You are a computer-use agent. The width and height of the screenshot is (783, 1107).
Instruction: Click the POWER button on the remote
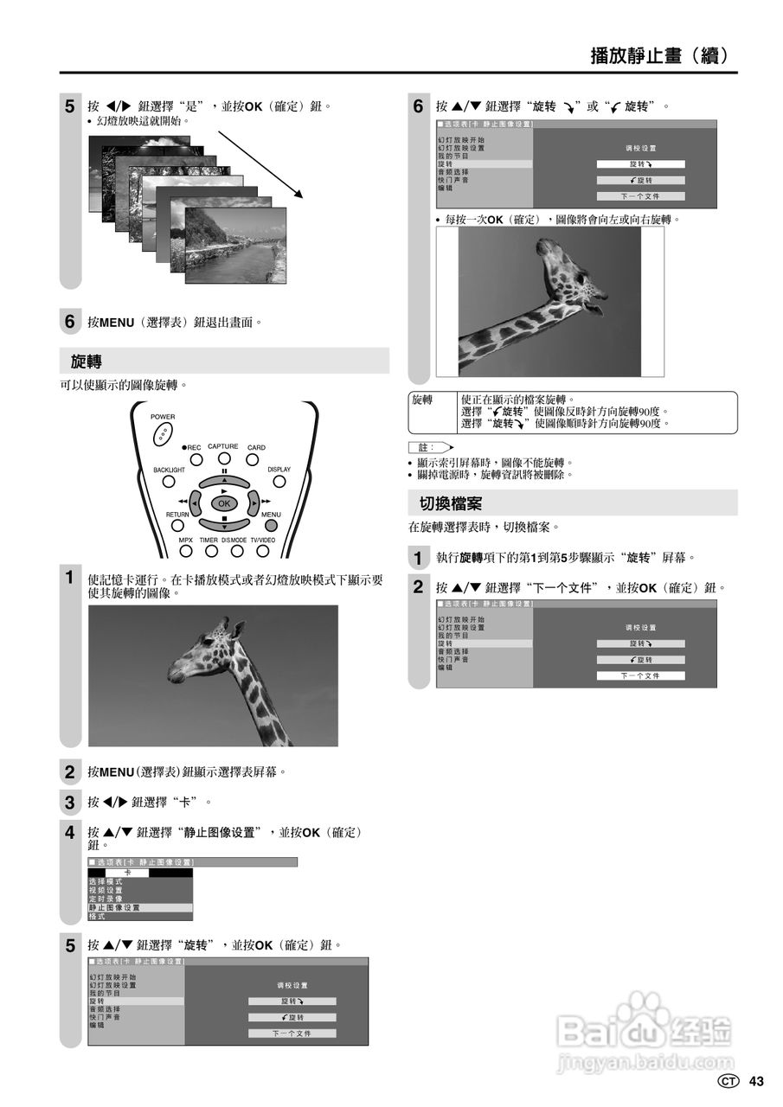tap(163, 435)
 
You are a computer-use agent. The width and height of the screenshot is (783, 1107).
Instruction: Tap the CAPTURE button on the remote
tap(223, 458)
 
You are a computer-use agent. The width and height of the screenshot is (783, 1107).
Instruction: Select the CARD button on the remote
tap(253, 459)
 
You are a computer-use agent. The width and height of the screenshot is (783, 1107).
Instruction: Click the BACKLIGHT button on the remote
tap(169, 481)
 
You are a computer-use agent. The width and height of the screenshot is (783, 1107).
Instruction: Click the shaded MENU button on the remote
tap(272, 524)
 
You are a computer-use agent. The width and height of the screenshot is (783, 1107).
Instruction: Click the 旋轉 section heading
tap(87, 361)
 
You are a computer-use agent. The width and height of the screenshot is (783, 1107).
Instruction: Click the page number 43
tap(757, 1081)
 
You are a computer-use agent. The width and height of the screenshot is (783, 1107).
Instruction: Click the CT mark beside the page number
tap(729, 1081)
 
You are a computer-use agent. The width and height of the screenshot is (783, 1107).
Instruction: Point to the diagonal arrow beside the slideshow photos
tap(260, 164)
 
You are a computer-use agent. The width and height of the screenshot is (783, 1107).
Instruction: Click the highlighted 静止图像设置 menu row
tap(139, 907)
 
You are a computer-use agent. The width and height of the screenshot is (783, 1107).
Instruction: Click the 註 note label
tap(423, 447)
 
